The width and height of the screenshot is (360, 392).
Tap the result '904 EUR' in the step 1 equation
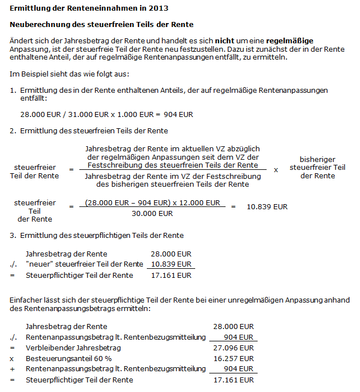click(x=178, y=114)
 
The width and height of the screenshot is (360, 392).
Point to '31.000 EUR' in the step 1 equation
click(x=83, y=114)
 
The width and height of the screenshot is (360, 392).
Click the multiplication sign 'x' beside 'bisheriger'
click(x=276, y=168)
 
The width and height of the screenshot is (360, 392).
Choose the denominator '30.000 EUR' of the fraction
click(x=152, y=214)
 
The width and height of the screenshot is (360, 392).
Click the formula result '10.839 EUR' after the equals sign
click(x=267, y=206)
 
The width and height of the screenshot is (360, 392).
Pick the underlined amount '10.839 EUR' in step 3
click(x=171, y=264)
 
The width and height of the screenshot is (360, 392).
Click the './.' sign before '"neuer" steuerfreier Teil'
click(x=14, y=264)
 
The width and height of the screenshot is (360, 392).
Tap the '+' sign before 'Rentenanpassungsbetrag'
click(x=13, y=369)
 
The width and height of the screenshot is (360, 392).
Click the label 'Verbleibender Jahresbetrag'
click(x=66, y=348)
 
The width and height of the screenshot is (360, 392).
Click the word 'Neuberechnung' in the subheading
click(x=38, y=25)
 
